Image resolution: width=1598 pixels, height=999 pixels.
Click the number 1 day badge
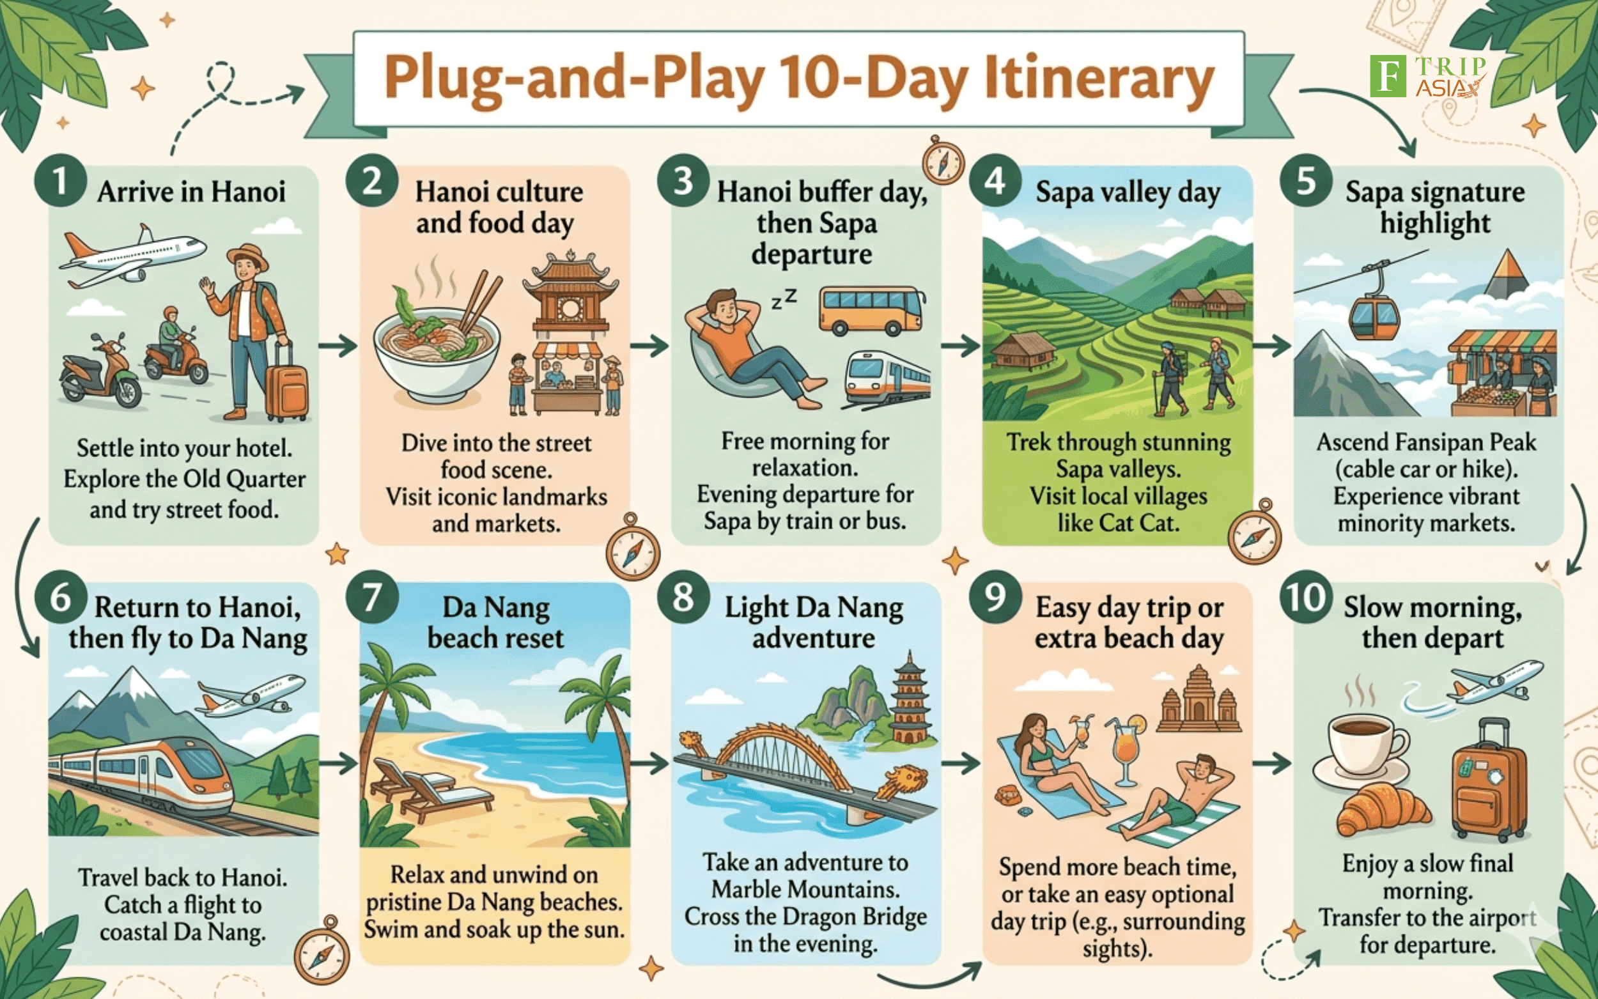click(x=61, y=181)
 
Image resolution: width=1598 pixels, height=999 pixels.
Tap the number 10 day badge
click(x=1305, y=596)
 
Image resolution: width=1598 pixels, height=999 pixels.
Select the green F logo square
click(x=1388, y=76)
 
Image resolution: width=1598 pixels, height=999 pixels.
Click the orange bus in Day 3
click(x=871, y=311)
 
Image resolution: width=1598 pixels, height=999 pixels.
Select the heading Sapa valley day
click(x=1128, y=192)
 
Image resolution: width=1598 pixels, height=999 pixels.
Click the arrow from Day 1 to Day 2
click(x=337, y=346)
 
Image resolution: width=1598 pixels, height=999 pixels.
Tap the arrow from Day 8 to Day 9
click(x=961, y=764)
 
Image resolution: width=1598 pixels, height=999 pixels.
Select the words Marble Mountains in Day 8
click(x=805, y=889)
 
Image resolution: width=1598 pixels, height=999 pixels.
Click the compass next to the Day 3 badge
click(x=943, y=160)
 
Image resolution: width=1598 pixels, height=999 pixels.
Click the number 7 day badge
click(x=372, y=596)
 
